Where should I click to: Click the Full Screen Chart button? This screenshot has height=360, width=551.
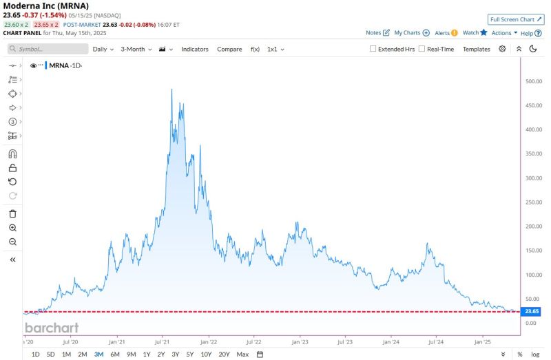515,19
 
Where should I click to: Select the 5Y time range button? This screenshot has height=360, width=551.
189,354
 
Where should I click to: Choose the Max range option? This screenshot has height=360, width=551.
242,354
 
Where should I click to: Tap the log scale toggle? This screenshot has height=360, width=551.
535,354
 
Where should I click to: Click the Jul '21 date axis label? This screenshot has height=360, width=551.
163,341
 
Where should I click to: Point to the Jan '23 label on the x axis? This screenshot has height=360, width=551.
300,341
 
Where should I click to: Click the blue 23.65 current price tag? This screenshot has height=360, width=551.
531,311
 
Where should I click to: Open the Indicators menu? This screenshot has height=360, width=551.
195,49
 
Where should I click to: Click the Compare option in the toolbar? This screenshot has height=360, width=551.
229,49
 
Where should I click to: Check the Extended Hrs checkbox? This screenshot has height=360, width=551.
373,49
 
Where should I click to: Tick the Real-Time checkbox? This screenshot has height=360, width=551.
422,49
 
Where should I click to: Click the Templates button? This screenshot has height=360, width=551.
476,49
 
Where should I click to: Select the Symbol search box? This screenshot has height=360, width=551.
48,49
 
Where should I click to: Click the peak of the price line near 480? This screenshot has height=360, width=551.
171,89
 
